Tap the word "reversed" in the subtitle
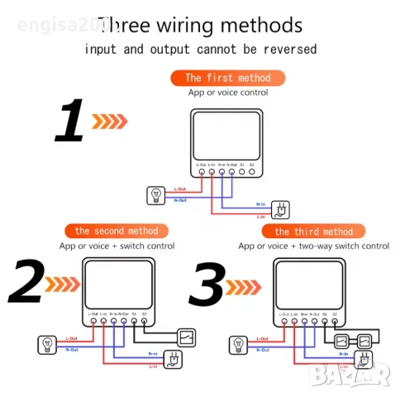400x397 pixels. [x=287, y=49]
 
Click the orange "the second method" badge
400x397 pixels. [x=116, y=230]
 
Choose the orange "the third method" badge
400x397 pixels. [x=313, y=231]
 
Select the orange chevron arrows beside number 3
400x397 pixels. [x=245, y=286]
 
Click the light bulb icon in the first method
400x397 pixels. [x=156, y=195]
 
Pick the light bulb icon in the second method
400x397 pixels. [x=46, y=343]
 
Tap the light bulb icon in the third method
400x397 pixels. [x=239, y=344]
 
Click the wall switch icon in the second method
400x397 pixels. [x=188, y=337]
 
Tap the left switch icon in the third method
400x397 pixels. [x=341, y=341]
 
